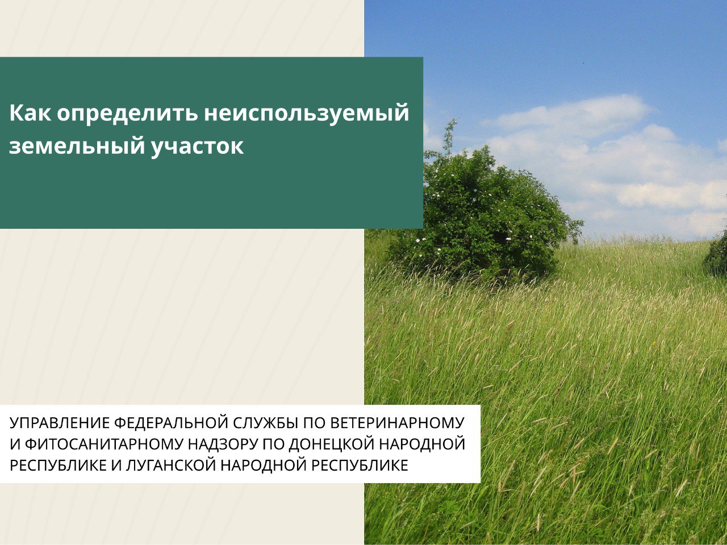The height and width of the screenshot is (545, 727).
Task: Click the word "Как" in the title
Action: pyautogui.click(x=30, y=113)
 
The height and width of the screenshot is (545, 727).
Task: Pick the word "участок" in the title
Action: pyautogui.click(x=197, y=147)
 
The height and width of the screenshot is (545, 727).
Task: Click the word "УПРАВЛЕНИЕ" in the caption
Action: pyautogui.click(x=60, y=423)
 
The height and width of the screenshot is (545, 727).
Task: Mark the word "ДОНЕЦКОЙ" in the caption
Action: pyautogui.click(x=330, y=444)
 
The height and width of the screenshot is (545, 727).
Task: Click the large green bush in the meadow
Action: pyautogui.click(x=483, y=216)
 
